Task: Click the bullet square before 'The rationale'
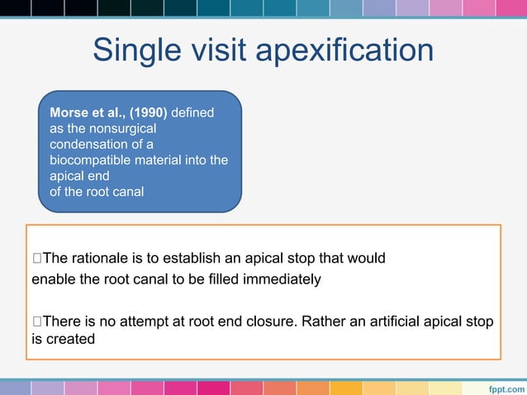36,259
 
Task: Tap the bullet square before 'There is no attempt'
36,320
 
